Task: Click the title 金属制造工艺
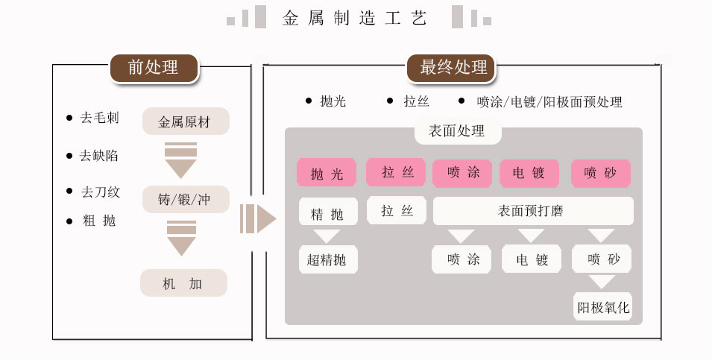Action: (356, 18)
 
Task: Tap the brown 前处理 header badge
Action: (154, 67)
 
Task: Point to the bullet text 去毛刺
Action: (100, 118)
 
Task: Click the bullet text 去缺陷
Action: (99, 156)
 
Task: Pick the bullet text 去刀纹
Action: (100, 192)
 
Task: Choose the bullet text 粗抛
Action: (99, 221)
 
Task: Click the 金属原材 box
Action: (186, 121)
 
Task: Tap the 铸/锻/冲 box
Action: (186, 199)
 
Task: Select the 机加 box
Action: (183, 283)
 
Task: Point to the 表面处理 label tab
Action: (457, 131)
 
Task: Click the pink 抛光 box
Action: (327, 173)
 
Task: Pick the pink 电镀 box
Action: (529, 173)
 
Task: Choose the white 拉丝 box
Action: (397, 211)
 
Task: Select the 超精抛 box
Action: (327, 259)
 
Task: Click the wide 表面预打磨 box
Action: (532, 211)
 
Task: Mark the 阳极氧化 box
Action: (602, 306)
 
